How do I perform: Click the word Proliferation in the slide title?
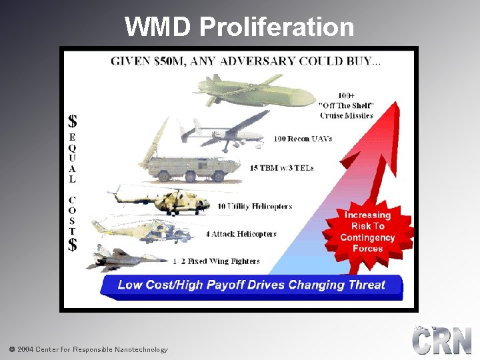(276, 27)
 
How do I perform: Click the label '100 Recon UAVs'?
(303, 139)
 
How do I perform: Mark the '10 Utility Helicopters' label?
(255, 207)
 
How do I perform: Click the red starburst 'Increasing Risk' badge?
(367, 231)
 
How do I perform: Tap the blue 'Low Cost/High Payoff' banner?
(251, 285)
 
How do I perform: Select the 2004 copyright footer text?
(88, 349)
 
